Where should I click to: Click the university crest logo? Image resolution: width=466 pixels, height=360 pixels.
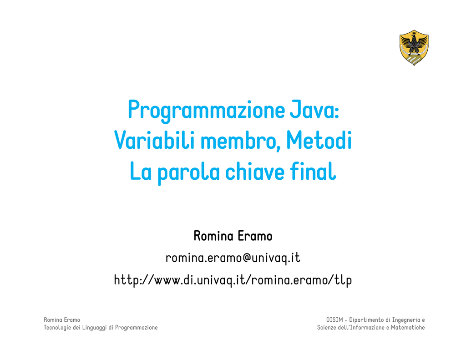[414, 48]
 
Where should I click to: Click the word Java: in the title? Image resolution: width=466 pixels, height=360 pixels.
[314, 110]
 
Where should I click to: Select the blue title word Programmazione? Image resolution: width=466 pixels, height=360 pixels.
[206, 111]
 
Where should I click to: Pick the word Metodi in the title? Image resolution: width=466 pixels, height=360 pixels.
[319, 140]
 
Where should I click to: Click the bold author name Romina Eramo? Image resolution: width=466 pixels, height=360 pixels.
[233, 236]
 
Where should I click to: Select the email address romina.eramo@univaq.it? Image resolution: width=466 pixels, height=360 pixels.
[233, 258]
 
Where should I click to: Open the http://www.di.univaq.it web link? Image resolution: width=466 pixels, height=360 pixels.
[233, 280]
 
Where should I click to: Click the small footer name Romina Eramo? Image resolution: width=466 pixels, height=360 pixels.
[62, 320]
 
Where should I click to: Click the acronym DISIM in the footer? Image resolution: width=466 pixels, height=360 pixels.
[334, 320]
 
